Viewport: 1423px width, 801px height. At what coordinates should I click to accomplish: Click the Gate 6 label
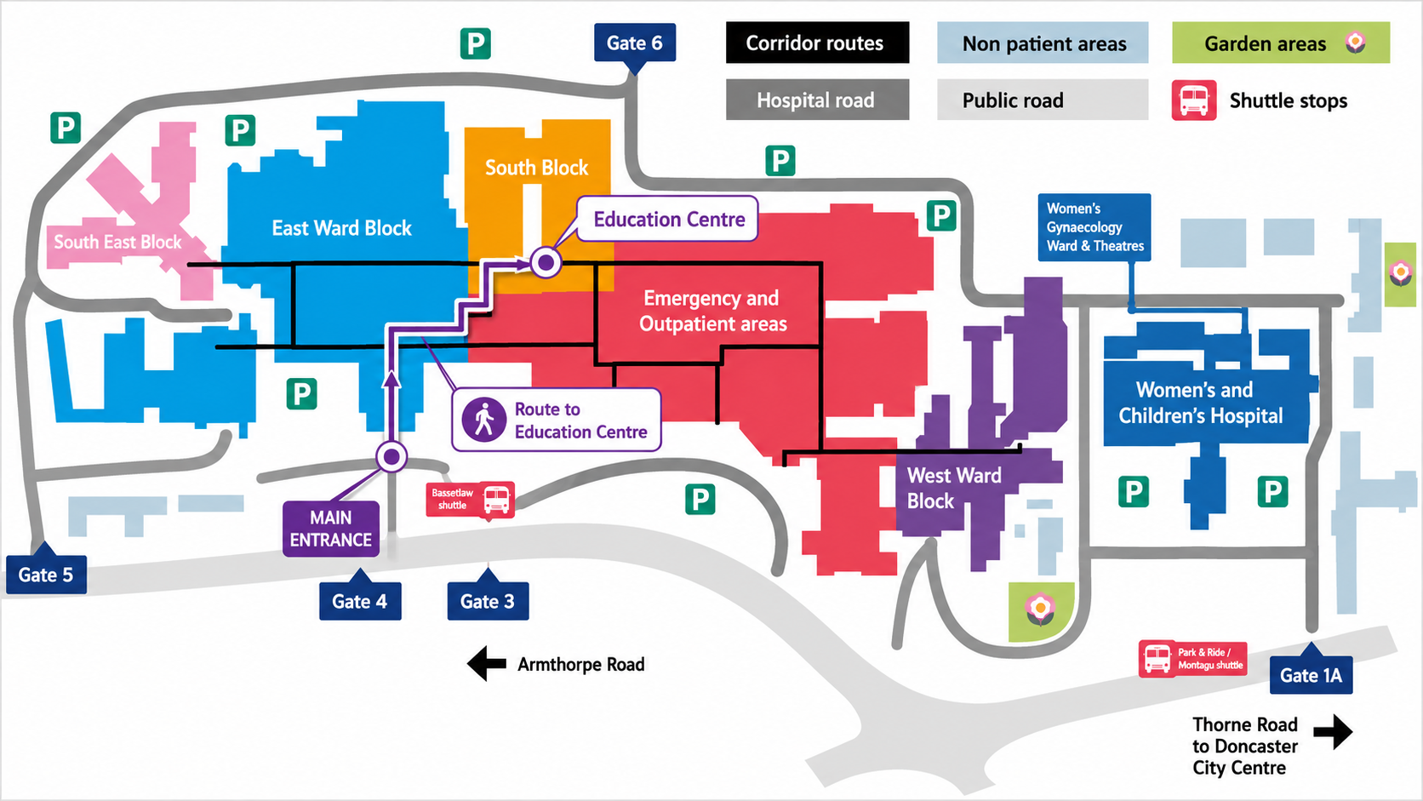click(x=635, y=43)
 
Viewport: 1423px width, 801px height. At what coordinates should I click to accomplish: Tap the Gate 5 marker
click(x=46, y=575)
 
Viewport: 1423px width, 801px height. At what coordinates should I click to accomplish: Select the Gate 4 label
click(x=360, y=601)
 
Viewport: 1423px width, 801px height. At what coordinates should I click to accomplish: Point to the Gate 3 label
click(x=488, y=601)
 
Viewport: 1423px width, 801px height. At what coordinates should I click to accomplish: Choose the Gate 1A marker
click(x=1312, y=674)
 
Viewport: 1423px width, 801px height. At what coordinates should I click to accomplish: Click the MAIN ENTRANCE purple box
click(x=331, y=529)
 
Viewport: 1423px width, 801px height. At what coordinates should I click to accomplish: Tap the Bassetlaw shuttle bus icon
click(x=497, y=500)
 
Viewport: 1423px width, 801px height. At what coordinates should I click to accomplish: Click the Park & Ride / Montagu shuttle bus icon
click(x=1157, y=659)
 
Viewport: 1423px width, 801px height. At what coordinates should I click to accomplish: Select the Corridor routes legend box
click(x=818, y=43)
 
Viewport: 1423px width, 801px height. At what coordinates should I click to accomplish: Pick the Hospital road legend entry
click(x=818, y=100)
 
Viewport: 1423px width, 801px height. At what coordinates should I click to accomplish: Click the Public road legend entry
click(x=1043, y=100)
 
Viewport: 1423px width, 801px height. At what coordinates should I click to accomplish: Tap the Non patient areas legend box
click(x=1043, y=43)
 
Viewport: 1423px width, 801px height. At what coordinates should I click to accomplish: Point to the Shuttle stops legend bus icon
click(x=1194, y=100)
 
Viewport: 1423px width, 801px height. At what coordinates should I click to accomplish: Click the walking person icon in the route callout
click(x=484, y=420)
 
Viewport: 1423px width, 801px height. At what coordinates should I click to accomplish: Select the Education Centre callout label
click(x=667, y=219)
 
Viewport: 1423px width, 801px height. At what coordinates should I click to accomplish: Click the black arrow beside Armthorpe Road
click(x=487, y=664)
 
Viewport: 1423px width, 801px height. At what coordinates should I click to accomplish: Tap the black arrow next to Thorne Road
click(x=1334, y=732)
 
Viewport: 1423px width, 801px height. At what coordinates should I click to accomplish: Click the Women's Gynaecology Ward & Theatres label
click(x=1094, y=227)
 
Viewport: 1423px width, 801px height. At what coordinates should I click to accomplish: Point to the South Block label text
click(x=537, y=168)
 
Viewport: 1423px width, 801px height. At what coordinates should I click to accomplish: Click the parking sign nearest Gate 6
click(x=475, y=43)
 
